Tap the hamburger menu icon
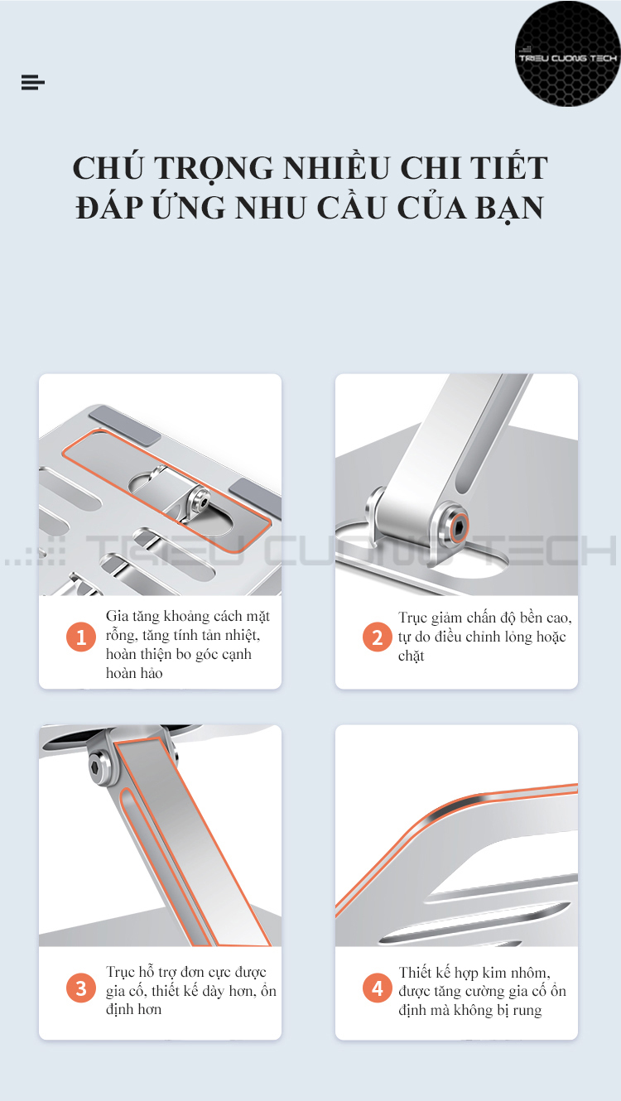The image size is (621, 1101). (x=33, y=82)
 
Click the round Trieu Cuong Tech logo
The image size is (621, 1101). (x=567, y=54)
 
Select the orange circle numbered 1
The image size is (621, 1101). (x=81, y=637)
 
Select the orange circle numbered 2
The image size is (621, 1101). (x=377, y=637)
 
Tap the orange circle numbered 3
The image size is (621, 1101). (x=81, y=988)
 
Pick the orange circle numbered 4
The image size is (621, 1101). (x=377, y=988)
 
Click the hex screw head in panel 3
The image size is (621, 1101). (x=96, y=766)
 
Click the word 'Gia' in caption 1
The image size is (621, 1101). (x=117, y=617)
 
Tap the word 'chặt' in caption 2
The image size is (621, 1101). (x=411, y=656)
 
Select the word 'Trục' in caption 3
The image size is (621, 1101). (x=120, y=972)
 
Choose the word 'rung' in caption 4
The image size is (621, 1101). (x=527, y=1011)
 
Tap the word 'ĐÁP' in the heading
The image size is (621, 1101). (x=109, y=208)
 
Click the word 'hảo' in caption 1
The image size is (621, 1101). (x=152, y=673)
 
